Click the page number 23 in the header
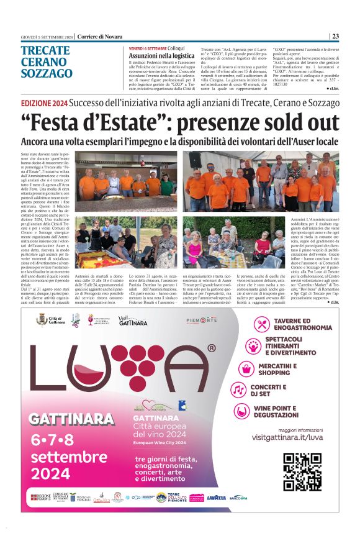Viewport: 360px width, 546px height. pyautogui.click(x=336, y=36)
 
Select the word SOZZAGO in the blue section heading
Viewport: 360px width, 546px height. pyautogui.click(x=47, y=73)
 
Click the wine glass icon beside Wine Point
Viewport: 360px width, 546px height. pyautogui.click(x=241, y=411)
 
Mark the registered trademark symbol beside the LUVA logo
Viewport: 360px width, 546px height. pyautogui.click(x=212, y=349)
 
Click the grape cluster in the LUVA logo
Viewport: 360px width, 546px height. pyautogui.click(x=133, y=361)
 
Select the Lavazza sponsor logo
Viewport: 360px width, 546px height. pyautogui.click(x=217, y=497)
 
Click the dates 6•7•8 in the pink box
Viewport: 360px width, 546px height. pyautogui.click(x=61, y=440)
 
